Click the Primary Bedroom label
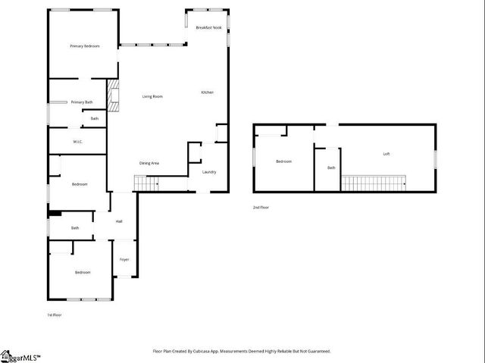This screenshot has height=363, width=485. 84,46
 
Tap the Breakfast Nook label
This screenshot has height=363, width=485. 208,27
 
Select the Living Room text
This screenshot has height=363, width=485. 152,96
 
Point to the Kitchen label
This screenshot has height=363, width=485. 207,92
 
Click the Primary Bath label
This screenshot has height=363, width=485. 82,102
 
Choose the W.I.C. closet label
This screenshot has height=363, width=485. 77,142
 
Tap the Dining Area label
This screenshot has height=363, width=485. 149,163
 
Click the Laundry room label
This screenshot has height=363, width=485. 209,171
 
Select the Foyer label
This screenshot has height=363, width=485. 124,260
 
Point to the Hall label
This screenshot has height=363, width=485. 119,221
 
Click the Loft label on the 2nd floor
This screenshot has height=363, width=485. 386,154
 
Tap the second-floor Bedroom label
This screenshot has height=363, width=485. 283,161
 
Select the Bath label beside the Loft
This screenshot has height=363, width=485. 331,168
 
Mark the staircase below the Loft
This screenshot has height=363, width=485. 374,183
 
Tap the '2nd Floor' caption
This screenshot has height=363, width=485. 261,207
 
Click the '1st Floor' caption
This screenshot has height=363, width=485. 55,314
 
